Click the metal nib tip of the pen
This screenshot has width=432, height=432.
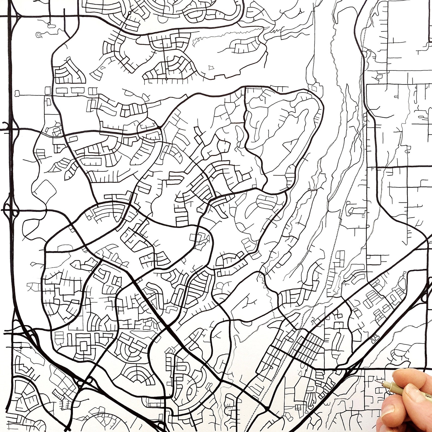click(x=377, y=381)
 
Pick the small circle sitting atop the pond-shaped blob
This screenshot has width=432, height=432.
click(x=49, y=24)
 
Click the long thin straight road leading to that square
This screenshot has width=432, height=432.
click(x=33, y=95)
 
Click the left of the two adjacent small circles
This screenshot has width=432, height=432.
click(x=21, y=347)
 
